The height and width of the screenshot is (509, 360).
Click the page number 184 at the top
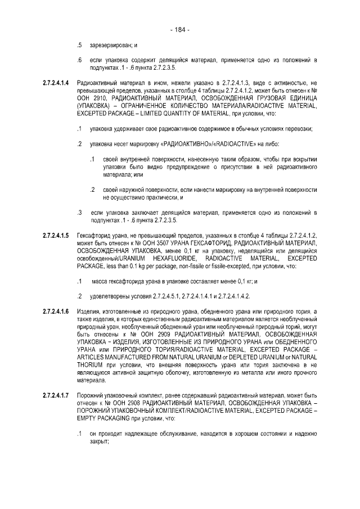(180, 29)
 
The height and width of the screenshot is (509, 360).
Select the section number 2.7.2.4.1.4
(56, 83)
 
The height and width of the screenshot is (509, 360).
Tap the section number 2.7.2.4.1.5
(56, 234)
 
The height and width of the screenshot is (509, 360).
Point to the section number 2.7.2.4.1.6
(56, 312)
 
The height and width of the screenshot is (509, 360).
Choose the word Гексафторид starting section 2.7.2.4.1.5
(94, 234)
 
